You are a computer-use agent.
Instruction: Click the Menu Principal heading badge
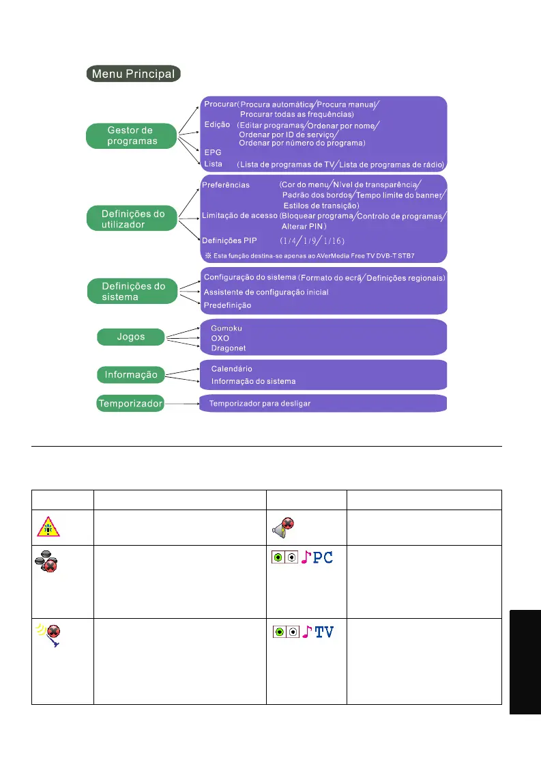tap(133, 74)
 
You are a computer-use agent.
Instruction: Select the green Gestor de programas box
tap(130, 135)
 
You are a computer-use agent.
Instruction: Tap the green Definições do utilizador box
tap(128, 219)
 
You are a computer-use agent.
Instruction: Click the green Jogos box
tap(130, 336)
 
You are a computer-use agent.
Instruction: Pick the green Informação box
tap(130, 374)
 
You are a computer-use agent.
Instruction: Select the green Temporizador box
tap(130, 404)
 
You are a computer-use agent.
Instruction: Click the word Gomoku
tap(226, 328)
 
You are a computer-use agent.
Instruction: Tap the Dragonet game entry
tap(228, 348)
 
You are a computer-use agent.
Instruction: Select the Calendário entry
tap(231, 369)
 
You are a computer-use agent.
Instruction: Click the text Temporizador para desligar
tap(259, 404)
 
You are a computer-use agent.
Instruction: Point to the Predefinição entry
tap(227, 305)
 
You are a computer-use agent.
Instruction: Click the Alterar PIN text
tap(304, 225)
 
